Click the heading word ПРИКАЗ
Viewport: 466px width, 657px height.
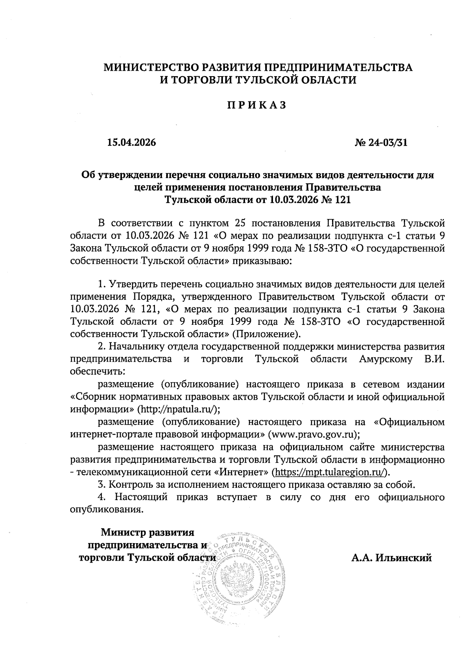click(257, 105)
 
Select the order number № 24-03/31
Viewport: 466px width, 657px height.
click(381, 143)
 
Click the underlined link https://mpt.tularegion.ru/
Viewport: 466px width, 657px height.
click(330, 472)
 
